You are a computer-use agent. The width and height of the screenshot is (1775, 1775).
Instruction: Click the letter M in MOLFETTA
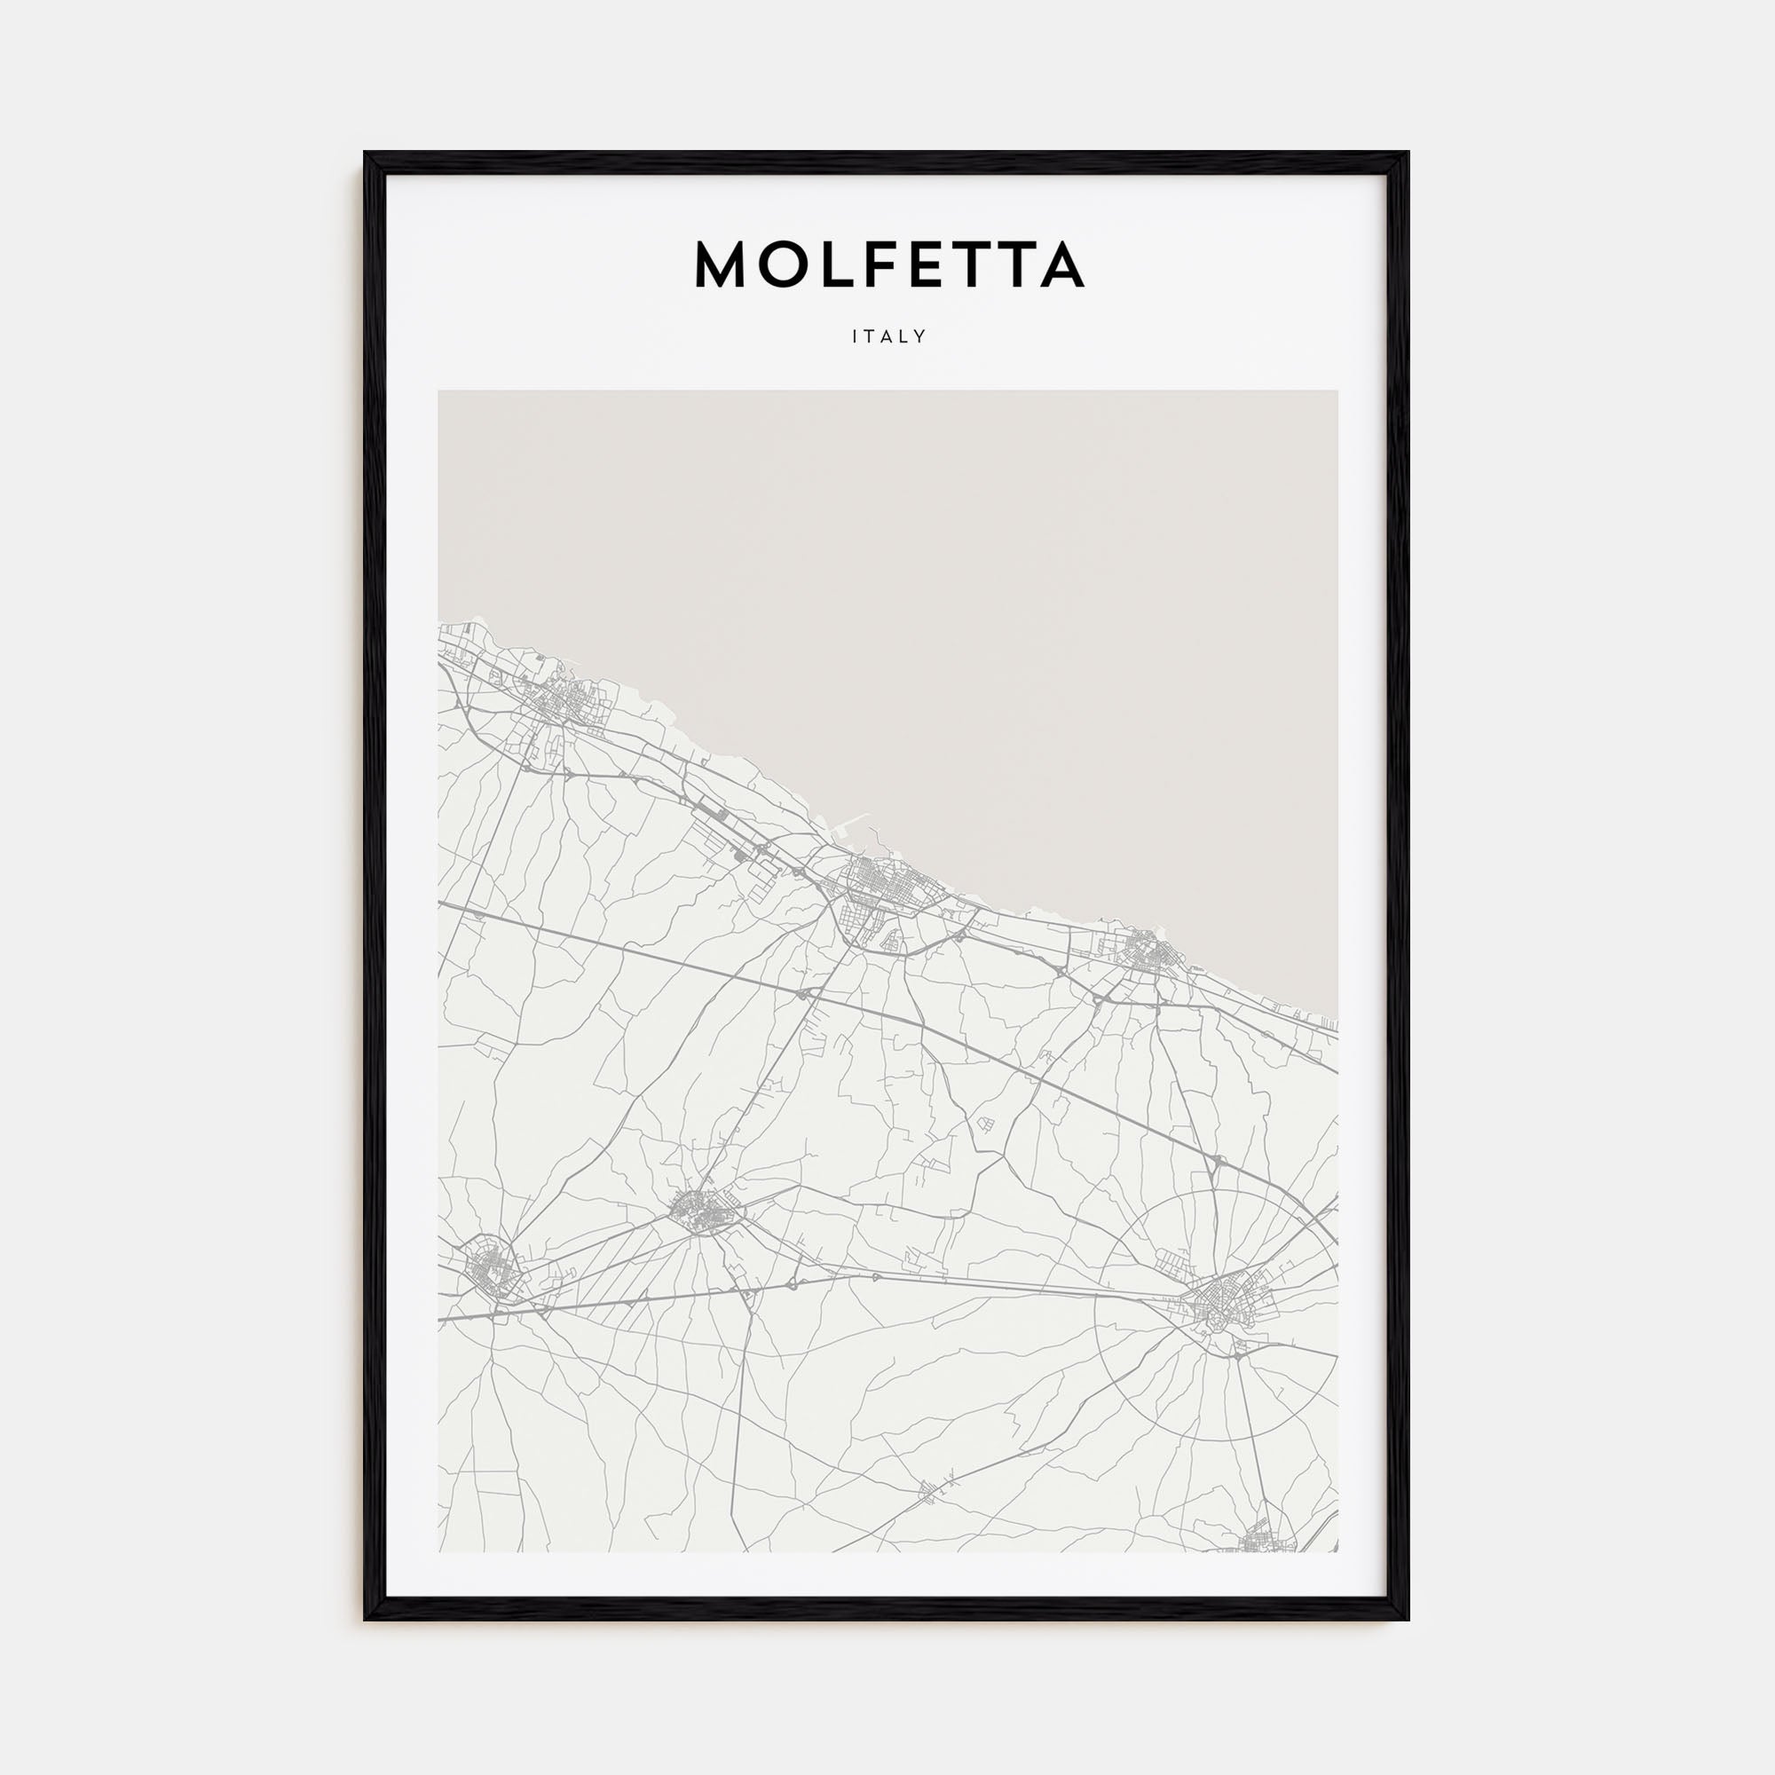[722, 264]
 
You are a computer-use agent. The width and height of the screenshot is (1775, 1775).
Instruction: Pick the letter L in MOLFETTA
[835, 264]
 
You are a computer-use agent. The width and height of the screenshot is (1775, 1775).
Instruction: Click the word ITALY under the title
[888, 336]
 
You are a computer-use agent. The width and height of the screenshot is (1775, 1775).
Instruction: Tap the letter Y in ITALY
[920, 336]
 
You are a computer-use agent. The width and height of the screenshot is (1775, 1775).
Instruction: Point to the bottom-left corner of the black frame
[366, 1619]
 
